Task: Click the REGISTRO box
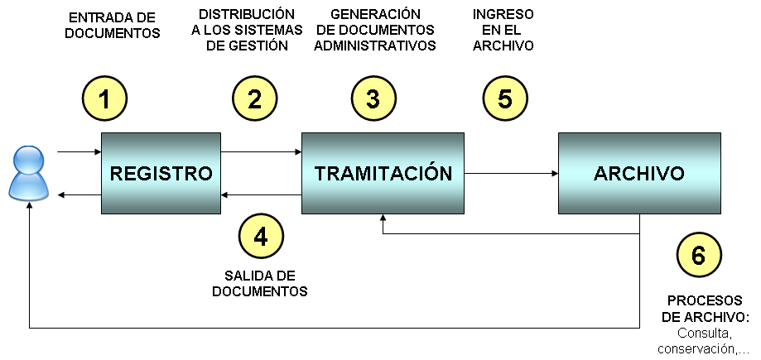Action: pos(161,174)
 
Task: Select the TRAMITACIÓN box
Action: pos(383,174)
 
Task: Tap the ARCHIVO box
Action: pos(638,174)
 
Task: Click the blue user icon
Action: pos(27,172)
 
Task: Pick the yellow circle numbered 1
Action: pos(104,99)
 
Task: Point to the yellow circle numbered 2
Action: pos(254,99)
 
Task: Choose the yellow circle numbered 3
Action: pos(373,99)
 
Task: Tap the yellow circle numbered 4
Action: pos(261,237)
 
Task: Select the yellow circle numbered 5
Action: pos(505,99)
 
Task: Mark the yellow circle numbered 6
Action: pos(698,256)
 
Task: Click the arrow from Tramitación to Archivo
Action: pos(512,174)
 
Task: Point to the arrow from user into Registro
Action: pos(79,152)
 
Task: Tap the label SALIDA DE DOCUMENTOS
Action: pos(260,283)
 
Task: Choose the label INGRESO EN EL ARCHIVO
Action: pos(503,31)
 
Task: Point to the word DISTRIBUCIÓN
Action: pos(248,15)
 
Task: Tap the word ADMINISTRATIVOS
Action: pos(375,46)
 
